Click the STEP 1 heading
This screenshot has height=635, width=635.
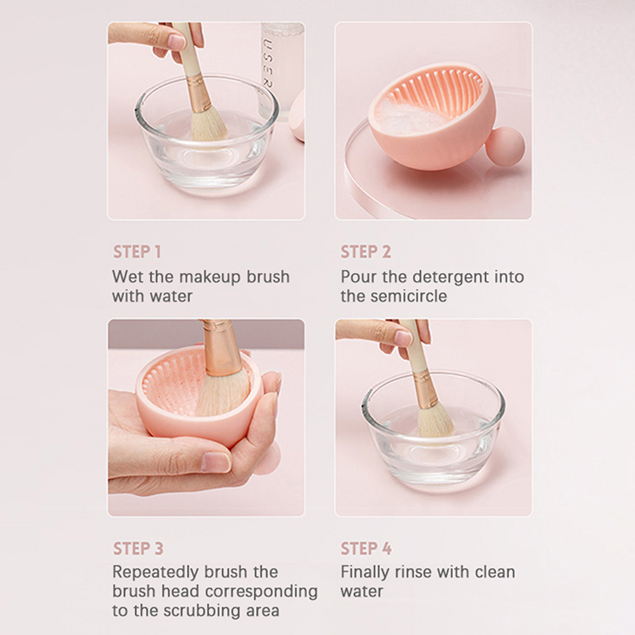(x=137, y=252)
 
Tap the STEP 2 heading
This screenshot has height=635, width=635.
(x=366, y=252)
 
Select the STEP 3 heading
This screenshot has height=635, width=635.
(x=138, y=548)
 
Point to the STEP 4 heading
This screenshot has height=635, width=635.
(x=366, y=548)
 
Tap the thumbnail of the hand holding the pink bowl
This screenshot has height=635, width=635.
(x=217, y=463)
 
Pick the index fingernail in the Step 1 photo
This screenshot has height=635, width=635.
(x=176, y=42)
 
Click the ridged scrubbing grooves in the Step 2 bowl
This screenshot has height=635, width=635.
(x=437, y=90)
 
